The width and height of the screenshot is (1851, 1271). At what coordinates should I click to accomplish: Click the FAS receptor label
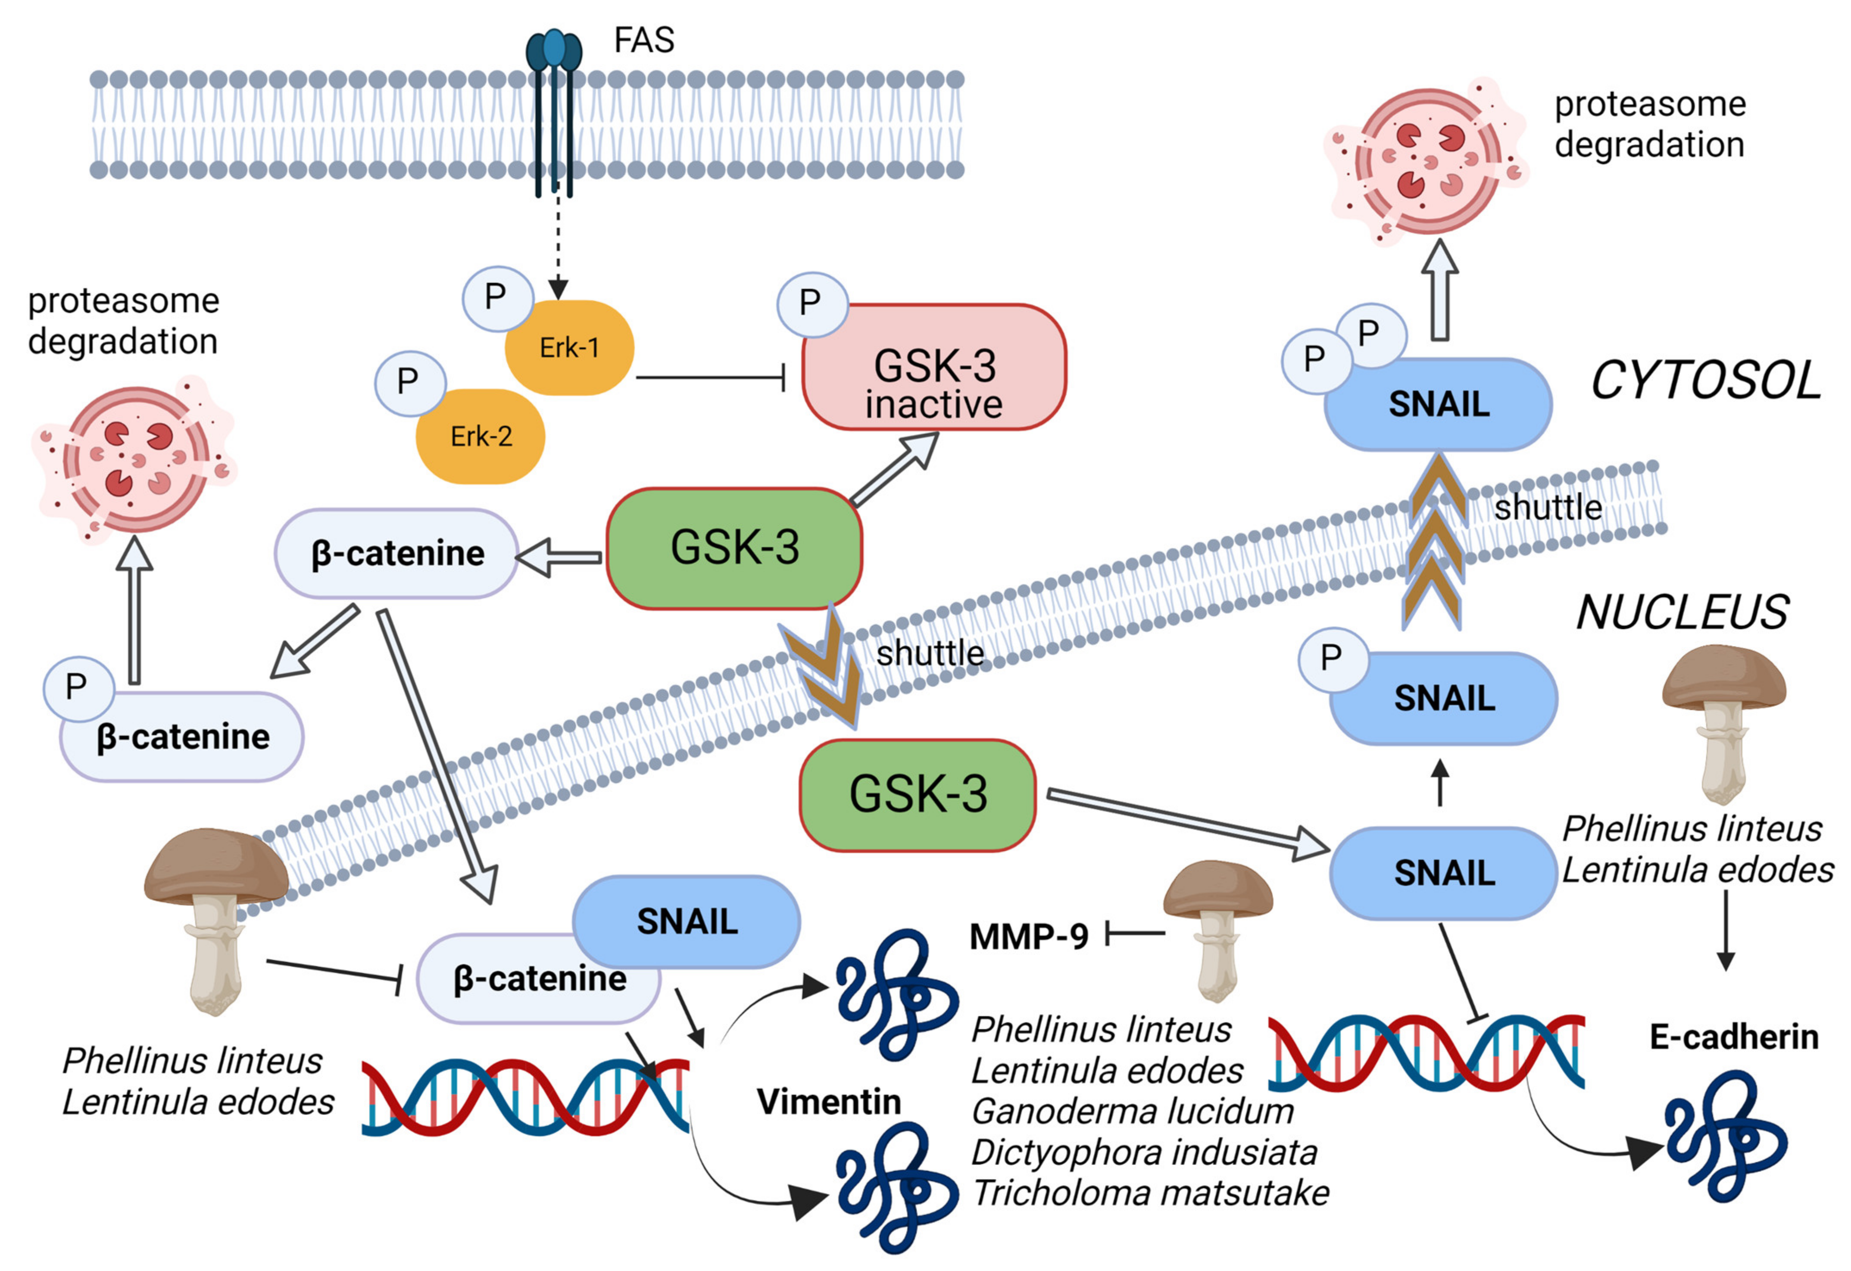pos(643,40)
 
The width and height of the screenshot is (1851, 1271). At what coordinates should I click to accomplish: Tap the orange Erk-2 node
pos(481,437)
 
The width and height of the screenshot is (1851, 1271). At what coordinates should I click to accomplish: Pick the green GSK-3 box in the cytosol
pos(734,548)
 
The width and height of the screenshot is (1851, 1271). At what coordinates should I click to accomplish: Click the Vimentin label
pos(828,1102)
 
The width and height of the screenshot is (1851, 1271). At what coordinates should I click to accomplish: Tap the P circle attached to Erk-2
pos(409,382)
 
